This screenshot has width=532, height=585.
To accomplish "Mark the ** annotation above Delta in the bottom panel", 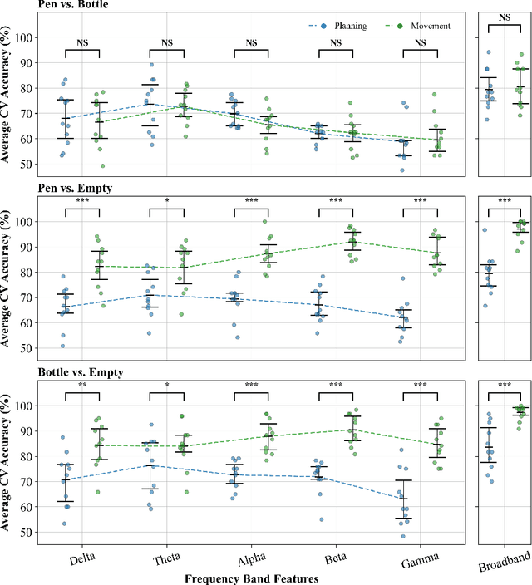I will [x=83, y=386].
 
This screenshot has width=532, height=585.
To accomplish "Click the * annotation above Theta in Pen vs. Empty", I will [x=167, y=202].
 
